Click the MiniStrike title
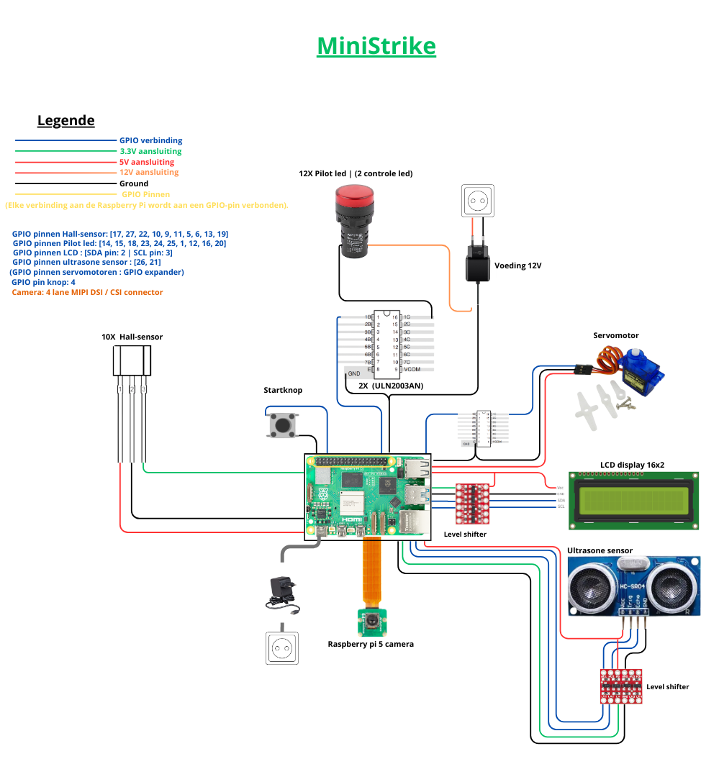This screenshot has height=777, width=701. [x=376, y=46]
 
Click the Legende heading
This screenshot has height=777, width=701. [x=65, y=121]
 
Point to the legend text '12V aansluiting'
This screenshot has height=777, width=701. [x=148, y=173]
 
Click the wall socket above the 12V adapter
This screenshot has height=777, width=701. [x=479, y=201]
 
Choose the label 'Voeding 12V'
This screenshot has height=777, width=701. [x=517, y=265]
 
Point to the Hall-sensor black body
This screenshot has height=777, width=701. [x=132, y=360]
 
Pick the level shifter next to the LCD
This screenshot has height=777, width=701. [x=473, y=503]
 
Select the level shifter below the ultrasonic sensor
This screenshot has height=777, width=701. [x=620, y=686]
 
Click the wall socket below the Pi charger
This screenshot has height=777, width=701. [x=281, y=648]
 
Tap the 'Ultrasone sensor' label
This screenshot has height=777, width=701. [x=600, y=551]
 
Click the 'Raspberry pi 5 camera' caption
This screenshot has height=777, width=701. [x=371, y=644]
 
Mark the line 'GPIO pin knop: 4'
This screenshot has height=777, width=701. [x=44, y=283]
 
